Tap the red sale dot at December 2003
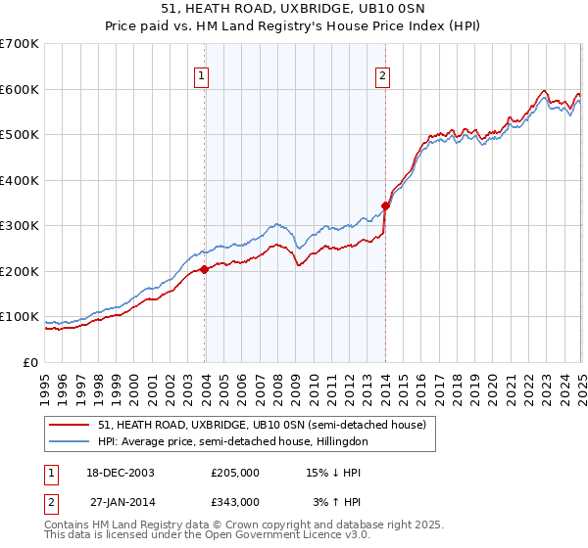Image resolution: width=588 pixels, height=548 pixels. coord(205,269)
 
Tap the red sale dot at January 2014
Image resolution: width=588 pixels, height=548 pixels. coord(386,205)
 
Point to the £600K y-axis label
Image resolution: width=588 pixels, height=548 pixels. coord(20,89)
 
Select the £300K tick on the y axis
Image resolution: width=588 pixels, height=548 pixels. coord(20,226)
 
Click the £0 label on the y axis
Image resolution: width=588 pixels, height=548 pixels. coord(31,362)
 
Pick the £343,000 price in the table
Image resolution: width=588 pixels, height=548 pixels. coord(234,502)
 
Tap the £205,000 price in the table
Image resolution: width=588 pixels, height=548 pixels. coord(234,473)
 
